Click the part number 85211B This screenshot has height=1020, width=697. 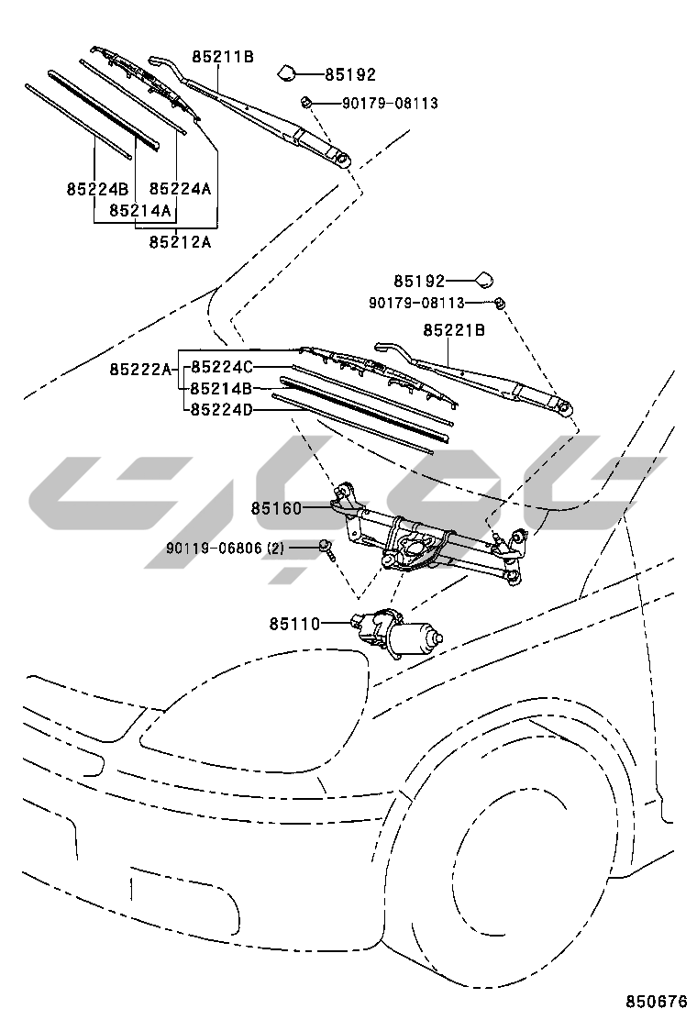pos(222,57)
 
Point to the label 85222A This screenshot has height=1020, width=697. pos(140,370)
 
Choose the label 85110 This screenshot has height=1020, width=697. pos(294,624)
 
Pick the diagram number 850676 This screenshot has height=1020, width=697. pos(656,1001)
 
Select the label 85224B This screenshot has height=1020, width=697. pos(96,189)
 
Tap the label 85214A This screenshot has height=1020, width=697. pos(140,210)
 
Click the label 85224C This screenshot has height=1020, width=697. pos(221,368)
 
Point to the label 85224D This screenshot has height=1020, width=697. pos(221,409)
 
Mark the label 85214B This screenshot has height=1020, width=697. pos(221,389)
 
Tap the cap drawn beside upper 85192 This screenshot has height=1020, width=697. pos(287,72)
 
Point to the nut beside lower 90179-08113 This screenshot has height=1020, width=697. pos(500,302)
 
